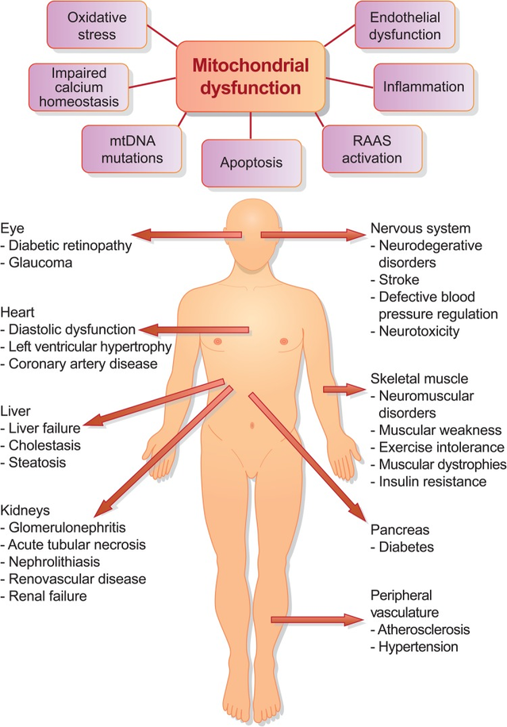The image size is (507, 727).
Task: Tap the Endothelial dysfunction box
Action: point(409,25)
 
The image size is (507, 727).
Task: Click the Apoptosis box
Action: point(252,163)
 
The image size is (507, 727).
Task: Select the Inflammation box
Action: point(424,86)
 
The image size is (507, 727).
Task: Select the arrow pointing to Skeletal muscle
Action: point(342,389)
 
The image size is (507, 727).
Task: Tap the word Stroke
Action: point(399,280)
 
